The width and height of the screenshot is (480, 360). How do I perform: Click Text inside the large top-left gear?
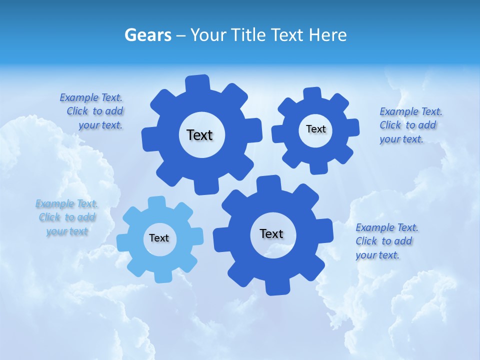pyautogui.click(x=199, y=135)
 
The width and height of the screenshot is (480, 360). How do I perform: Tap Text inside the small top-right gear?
pyautogui.click(x=315, y=129)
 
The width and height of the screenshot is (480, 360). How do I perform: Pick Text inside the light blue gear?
pyautogui.click(x=159, y=238)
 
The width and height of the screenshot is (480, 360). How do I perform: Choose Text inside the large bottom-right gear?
pyautogui.click(x=271, y=233)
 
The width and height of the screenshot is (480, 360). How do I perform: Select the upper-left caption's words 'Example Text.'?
pyautogui.click(x=91, y=97)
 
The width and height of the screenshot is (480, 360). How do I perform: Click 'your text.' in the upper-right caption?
pyautogui.click(x=401, y=139)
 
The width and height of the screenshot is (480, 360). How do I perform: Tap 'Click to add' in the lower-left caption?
pyautogui.click(x=67, y=217)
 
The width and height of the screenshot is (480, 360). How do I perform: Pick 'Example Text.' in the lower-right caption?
pyautogui.click(x=387, y=227)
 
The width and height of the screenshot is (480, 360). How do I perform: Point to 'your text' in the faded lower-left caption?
pyautogui.click(x=67, y=231)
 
